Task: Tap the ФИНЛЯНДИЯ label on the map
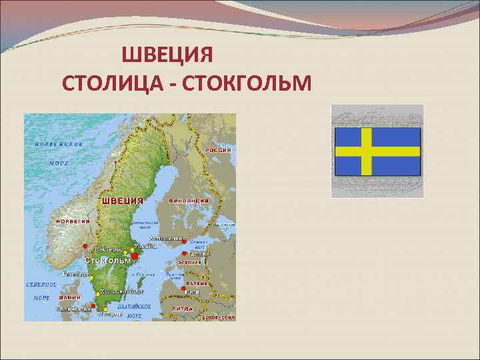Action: pyautogui.click(x=189, y=200)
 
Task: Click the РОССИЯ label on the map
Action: pyautogui.click(x=218, y=150)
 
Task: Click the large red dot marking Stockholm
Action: pyautogui.click(x=134, y=255)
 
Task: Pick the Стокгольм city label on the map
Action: pyautogui.click(x=108, y=261)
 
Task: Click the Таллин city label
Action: pyautogui.click(x=201, y=254)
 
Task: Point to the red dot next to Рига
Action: pyautogui.click(x=183, y=288)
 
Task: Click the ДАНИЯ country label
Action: pyautogui.click(x=69, y=297)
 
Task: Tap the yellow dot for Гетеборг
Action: pyautogui.click(x=91, y=277)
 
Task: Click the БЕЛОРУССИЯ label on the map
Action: pyautogui.click(x=218, y=318)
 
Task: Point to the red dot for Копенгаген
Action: pyautogui.click(x=92, y=306)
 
